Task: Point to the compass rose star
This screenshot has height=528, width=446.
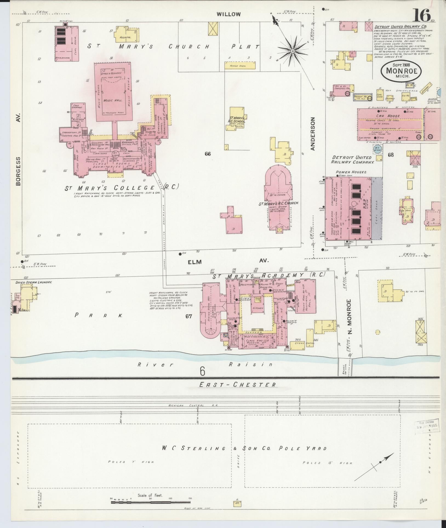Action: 293,51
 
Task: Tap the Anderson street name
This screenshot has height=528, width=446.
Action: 313,134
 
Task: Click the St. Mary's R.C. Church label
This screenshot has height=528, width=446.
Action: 279,204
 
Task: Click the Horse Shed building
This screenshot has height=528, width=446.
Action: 238,66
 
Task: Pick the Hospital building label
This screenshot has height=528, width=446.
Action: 125,37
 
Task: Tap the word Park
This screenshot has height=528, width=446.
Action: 98,315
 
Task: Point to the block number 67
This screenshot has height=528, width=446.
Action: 188,316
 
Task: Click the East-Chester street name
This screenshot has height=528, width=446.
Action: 237,385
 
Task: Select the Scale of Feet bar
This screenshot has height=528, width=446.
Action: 150,502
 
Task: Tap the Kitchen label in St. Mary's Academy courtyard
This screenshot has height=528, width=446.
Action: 258,308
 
